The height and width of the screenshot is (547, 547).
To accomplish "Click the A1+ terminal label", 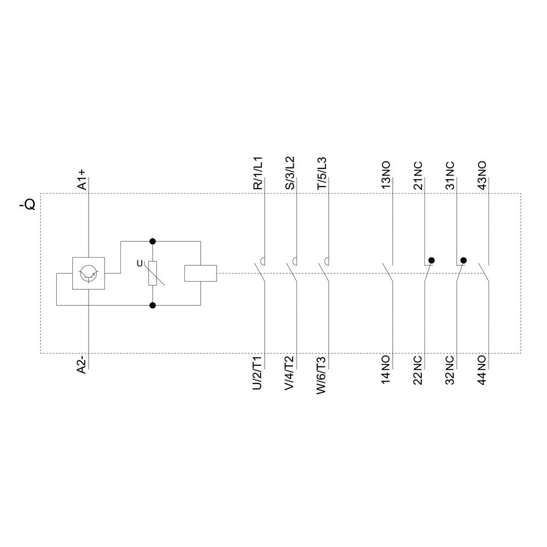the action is click(82, 179).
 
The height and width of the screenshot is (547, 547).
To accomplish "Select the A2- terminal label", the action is click(82, 364).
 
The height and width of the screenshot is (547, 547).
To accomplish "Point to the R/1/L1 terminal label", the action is click(258, 173).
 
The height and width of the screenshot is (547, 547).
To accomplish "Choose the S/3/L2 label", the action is click(290, 173).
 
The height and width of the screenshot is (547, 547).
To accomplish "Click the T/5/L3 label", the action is click(322, 173).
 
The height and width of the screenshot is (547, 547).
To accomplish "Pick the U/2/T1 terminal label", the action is click(258, 373).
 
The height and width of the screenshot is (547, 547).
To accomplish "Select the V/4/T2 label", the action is click(289, 373).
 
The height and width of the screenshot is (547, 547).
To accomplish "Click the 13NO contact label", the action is click(386, 175).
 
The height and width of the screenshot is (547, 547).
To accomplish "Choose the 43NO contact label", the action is click(482, 175).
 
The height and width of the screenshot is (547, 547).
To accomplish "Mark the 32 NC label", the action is click(450, 370).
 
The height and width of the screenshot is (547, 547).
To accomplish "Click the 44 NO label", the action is click(482, 370).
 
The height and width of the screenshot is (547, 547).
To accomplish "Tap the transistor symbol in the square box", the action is click(89, 273).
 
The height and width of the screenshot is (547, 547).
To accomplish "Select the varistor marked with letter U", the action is click(153, 273).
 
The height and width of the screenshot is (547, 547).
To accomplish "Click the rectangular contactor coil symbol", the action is click(201, 273).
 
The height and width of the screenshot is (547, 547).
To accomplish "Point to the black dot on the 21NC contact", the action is click(432, 260).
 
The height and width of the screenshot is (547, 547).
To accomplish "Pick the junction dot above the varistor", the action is click(153, 241).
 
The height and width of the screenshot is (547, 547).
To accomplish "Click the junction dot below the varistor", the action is click(153, 305).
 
